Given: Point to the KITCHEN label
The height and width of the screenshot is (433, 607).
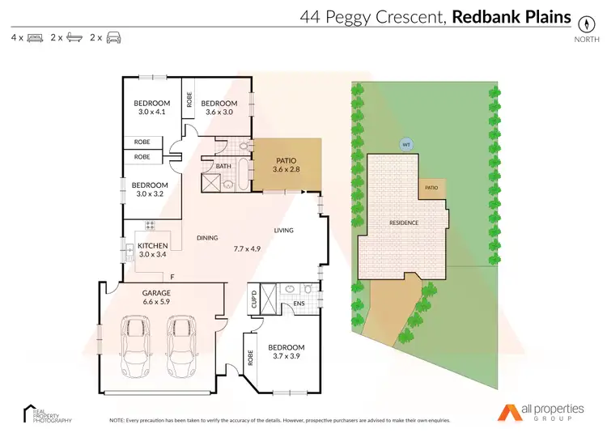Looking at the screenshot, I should [x=152, y=245].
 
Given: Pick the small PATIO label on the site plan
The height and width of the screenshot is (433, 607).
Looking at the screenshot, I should [x=432, y=188].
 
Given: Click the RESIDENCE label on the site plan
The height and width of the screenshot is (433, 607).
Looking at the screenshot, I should [x=404, y=223].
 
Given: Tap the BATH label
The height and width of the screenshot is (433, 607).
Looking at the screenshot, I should [x=223, y=167].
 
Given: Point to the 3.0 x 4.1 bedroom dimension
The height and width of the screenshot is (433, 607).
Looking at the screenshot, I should [x=151, y=112].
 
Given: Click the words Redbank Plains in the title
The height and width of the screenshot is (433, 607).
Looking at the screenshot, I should [x=511, y=15].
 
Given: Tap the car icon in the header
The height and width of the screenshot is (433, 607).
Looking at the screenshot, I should [x=113, y=38].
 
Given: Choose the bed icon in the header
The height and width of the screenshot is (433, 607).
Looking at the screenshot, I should [x=35, y=38].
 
